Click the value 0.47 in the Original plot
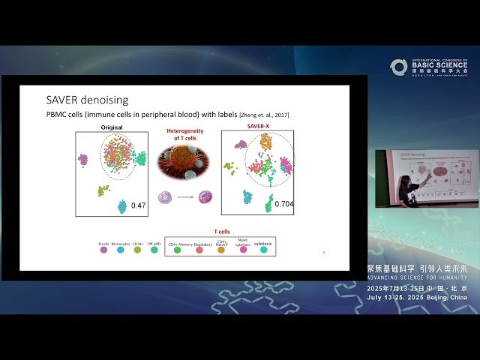pos(139,205)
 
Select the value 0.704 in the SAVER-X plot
pos(284,203)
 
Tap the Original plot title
pos(112,127)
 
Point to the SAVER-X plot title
pos(257,127)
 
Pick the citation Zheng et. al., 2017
pos(265,114)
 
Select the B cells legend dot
pos(103,250)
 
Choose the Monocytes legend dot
pos(120,250)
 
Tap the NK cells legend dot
pos(154,250)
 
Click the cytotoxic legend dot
pos(263,250)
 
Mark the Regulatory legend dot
pos(199,250)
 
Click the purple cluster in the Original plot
pos(83,160)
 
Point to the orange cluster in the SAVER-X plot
pos(265,142)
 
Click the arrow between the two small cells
pos(184,198)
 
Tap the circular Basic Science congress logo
pos(398,67)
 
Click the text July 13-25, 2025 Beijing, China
pos(417,297)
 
